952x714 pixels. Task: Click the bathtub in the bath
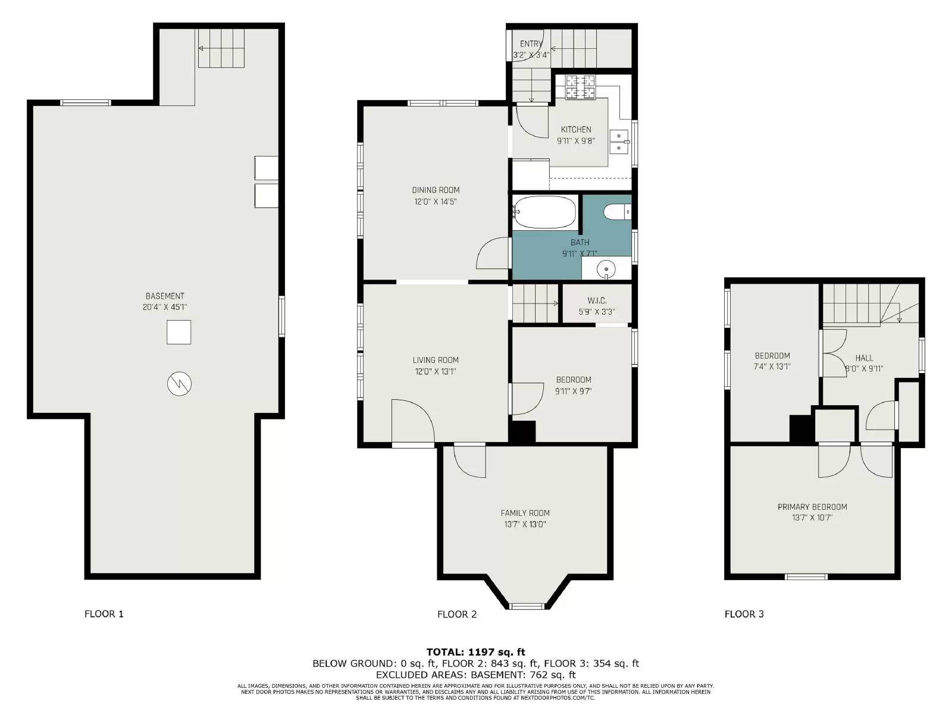coord(544,212)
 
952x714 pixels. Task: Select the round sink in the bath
coord(606,268)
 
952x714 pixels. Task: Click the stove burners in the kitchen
coord(580,87)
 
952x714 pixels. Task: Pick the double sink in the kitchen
coord(619,141)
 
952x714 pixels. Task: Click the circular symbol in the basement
coord(179,384)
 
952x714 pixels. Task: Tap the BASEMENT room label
coord(165,296)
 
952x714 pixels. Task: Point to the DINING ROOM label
coord(436,190)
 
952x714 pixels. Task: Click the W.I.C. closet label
coord(596,300)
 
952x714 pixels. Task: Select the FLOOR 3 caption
coord(744,614)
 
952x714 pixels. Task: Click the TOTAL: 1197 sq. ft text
coord(475,652)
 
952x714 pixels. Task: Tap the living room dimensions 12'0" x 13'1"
coord(436,371)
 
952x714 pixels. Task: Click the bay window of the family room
coord(527,606)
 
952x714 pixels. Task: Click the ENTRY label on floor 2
coord(531,44)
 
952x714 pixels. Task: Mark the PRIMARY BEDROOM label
coord(812,507)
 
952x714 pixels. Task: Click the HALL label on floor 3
coord(864,358)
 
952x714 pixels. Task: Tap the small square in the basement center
coord(178,332)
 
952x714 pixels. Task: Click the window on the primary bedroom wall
coord(806,576)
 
